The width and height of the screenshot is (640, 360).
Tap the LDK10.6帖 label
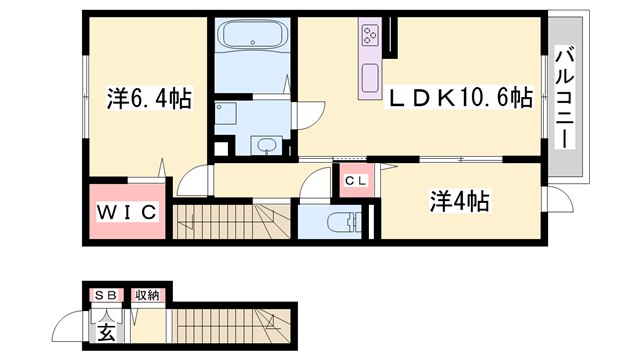(x=459, y=98)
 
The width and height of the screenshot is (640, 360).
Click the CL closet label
(x=355, y=181)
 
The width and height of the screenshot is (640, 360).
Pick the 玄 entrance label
(x=105, y=329)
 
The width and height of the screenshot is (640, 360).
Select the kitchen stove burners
(x=368, y=38)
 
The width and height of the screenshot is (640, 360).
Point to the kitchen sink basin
(x=369, y=76)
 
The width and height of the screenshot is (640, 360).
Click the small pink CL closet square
(x=355, y=181)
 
